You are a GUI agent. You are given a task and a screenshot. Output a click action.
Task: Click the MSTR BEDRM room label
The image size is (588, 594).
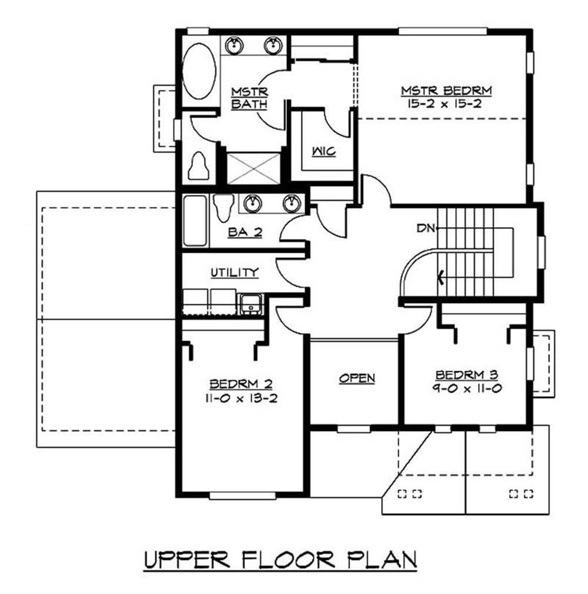click(446, 91)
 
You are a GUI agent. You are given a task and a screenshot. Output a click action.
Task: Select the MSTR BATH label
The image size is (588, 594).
click(249, 98)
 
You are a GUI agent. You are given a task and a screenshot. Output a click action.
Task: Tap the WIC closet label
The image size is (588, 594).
click(323, 152)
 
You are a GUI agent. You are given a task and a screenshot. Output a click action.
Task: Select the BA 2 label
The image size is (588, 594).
click(245, 233)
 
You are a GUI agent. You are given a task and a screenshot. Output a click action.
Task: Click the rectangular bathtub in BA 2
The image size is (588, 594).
click(195, 221)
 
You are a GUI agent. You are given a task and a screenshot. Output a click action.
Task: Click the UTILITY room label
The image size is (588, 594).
click(235, 272)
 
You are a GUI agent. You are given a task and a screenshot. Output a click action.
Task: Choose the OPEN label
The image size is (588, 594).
click(357, 378)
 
